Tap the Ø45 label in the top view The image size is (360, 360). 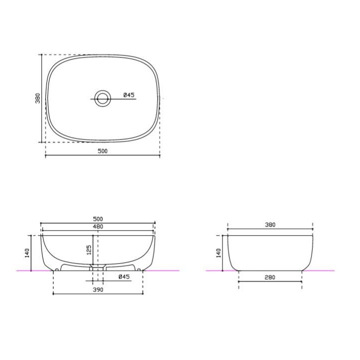point(129,94)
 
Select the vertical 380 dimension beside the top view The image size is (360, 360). point(37,98)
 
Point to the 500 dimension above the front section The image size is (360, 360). point(98,219)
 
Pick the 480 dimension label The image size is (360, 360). point(98,227)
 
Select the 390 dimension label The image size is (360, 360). point(98,289)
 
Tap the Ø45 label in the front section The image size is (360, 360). point(124,276)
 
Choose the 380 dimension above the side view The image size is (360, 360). point(270,225)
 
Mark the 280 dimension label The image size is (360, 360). point(270,277)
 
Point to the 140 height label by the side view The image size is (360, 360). point(218,252)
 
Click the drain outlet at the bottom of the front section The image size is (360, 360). point(98,269)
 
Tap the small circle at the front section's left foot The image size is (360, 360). point(57,269)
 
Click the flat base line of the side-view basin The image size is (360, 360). point(270,270)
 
